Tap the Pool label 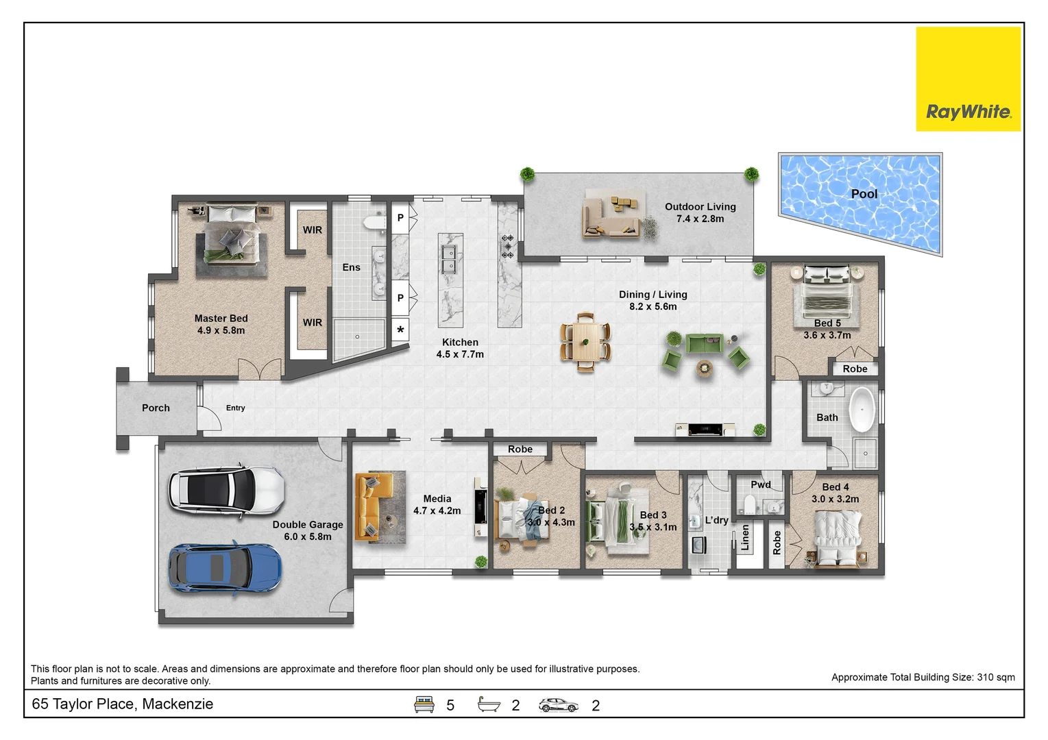[x=864, y=194]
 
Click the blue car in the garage [x=225, y=568]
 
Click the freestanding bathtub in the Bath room [x=862, y=410]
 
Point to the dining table [x=585, y=341]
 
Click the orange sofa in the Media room [x=370, y=507]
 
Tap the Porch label [x=156, y=408]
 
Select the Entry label [x=235, y=408]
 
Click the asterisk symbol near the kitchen [x=400, y=330]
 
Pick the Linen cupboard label [x=745, y=538]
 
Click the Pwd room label [x=760, y=484]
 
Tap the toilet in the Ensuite [x=374, y=221]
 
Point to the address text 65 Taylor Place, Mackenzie [x=123, y=704]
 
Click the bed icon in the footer [x=424, y=704]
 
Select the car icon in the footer [x=558, y=705]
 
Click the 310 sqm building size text [x=995, y=677]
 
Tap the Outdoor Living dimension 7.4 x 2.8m [x=700, y=219]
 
